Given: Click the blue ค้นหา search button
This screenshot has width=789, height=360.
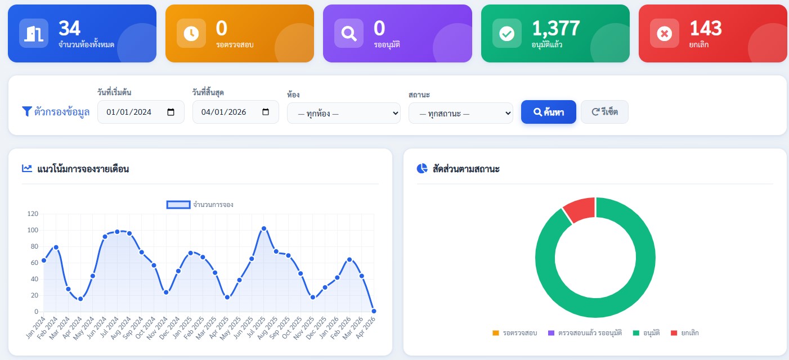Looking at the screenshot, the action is coord(549,112).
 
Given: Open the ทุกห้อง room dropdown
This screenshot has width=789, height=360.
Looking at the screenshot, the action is coord(343,113).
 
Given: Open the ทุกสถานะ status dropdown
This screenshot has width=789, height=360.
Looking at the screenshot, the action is coord(461,113).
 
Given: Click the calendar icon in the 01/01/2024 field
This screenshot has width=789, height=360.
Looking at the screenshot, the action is coord(171,112).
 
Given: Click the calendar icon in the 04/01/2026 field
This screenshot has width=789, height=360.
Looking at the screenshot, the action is coord(266,112).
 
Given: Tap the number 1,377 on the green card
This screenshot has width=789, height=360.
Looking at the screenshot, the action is coord(556,28).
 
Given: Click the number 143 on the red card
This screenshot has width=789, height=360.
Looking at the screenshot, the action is coord(706,28).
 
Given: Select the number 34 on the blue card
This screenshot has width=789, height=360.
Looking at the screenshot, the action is coord(69,28).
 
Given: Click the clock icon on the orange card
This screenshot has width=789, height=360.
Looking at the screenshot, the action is coord(191,33).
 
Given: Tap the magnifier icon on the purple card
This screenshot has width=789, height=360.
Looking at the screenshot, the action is coord(349,33).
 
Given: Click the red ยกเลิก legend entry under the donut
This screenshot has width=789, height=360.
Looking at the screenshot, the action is coord(684,333).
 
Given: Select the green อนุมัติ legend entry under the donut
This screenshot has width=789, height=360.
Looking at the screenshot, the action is coord(647,333).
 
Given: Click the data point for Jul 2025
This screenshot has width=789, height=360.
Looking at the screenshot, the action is coord(264,228).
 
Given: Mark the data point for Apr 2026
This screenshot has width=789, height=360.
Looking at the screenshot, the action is coord(374,311).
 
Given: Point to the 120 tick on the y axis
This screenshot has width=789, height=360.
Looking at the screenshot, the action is coord(33,214).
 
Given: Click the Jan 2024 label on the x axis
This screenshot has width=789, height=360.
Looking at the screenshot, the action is coord(36,327).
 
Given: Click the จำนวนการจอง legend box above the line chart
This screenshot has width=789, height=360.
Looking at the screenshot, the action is coord(178,204).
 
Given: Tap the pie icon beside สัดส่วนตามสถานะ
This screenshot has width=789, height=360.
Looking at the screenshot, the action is coord(422,169).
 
